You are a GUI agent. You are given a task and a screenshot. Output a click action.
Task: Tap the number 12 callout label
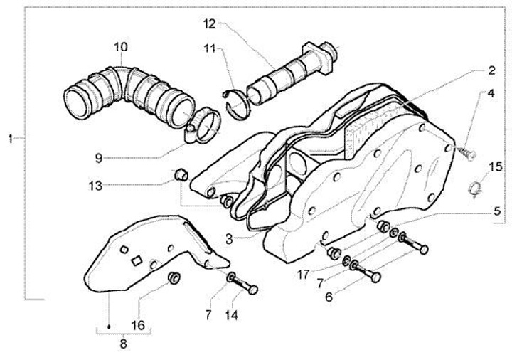point(208,23)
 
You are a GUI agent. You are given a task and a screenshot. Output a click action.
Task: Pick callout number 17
point(303,272)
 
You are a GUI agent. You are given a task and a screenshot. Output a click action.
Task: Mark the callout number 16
point(138,324)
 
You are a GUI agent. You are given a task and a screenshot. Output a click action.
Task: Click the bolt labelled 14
point(246,286)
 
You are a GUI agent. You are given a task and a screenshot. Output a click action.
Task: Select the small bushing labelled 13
point(181,173)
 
